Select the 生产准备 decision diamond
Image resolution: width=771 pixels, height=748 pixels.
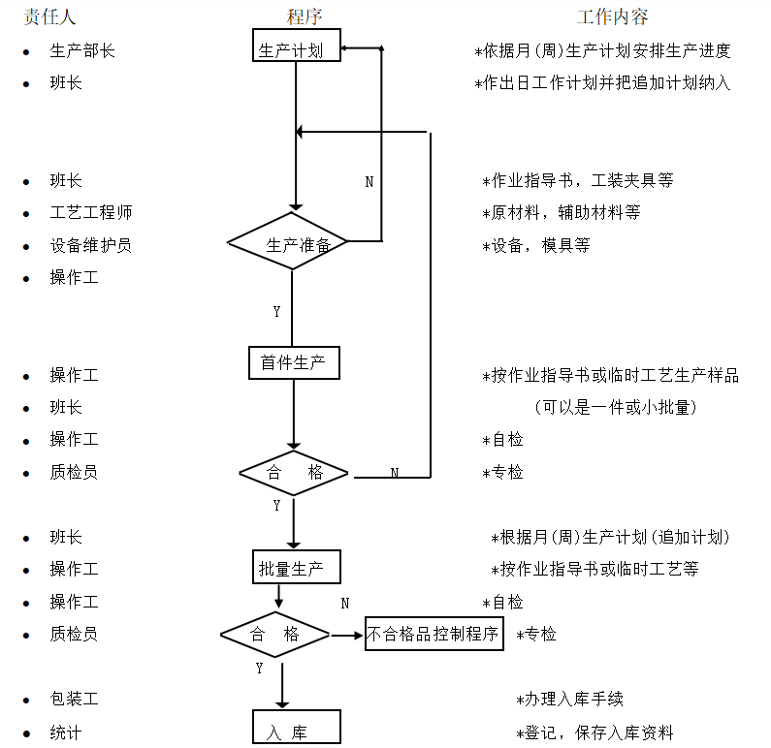click(288, 244)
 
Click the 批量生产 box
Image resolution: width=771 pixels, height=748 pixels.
click(297, 568)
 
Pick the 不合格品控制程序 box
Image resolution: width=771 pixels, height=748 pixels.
click(434, 634)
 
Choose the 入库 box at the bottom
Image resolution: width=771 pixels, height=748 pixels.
click(297, 730)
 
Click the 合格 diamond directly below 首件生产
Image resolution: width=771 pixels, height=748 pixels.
click(294, 473)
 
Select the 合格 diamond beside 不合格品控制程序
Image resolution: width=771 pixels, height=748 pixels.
click(275, 635)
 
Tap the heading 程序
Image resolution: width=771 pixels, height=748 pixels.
click(305, 16)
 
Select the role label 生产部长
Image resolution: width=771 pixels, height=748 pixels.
click(82, 50)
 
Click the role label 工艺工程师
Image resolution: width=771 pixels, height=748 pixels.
click(91, 212)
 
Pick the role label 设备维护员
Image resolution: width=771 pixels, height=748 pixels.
click(91, 245)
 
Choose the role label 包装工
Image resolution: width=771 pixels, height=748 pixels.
click(75, 699)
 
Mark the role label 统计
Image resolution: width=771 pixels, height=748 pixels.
click(66, 732)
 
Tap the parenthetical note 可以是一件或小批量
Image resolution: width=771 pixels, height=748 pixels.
click(616, 408)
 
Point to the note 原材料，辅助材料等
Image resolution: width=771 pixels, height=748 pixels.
click(565, 212)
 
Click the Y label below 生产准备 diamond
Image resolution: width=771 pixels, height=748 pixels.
click(276, 312)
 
